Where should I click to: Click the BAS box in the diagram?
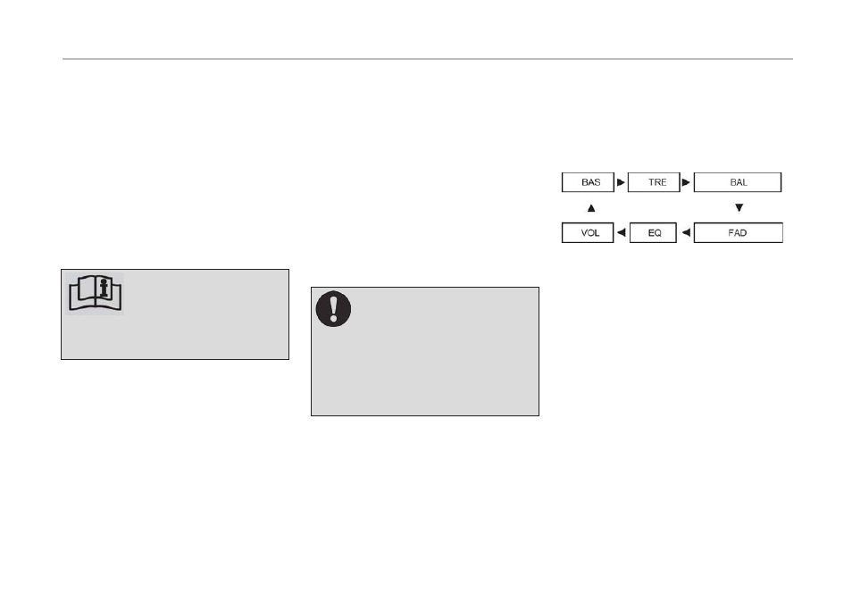(x=588, y=182)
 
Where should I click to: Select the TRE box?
(x=654, y=182)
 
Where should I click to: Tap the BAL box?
(x=738, y=182)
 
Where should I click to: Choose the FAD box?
(x=738, y=233)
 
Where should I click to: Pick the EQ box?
(x=653, y=233)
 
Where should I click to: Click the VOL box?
(x=588, y=233)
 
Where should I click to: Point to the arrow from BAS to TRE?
(x=621, y=182)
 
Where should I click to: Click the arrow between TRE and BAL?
(x=686, y=182)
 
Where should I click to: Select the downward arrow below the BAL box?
(x=739, y=208)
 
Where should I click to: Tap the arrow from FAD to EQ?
(x=686, y=233)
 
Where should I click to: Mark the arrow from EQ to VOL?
(x=621, y=233)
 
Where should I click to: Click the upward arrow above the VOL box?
(x=591, y=208)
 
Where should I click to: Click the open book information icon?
(x=95, y=293)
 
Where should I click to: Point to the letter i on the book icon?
(x=104, y=288)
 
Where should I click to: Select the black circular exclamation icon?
(x=333, y=309)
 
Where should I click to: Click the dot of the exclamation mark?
(x=333, y=319)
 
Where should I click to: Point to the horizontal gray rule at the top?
(x=428, y=59)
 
